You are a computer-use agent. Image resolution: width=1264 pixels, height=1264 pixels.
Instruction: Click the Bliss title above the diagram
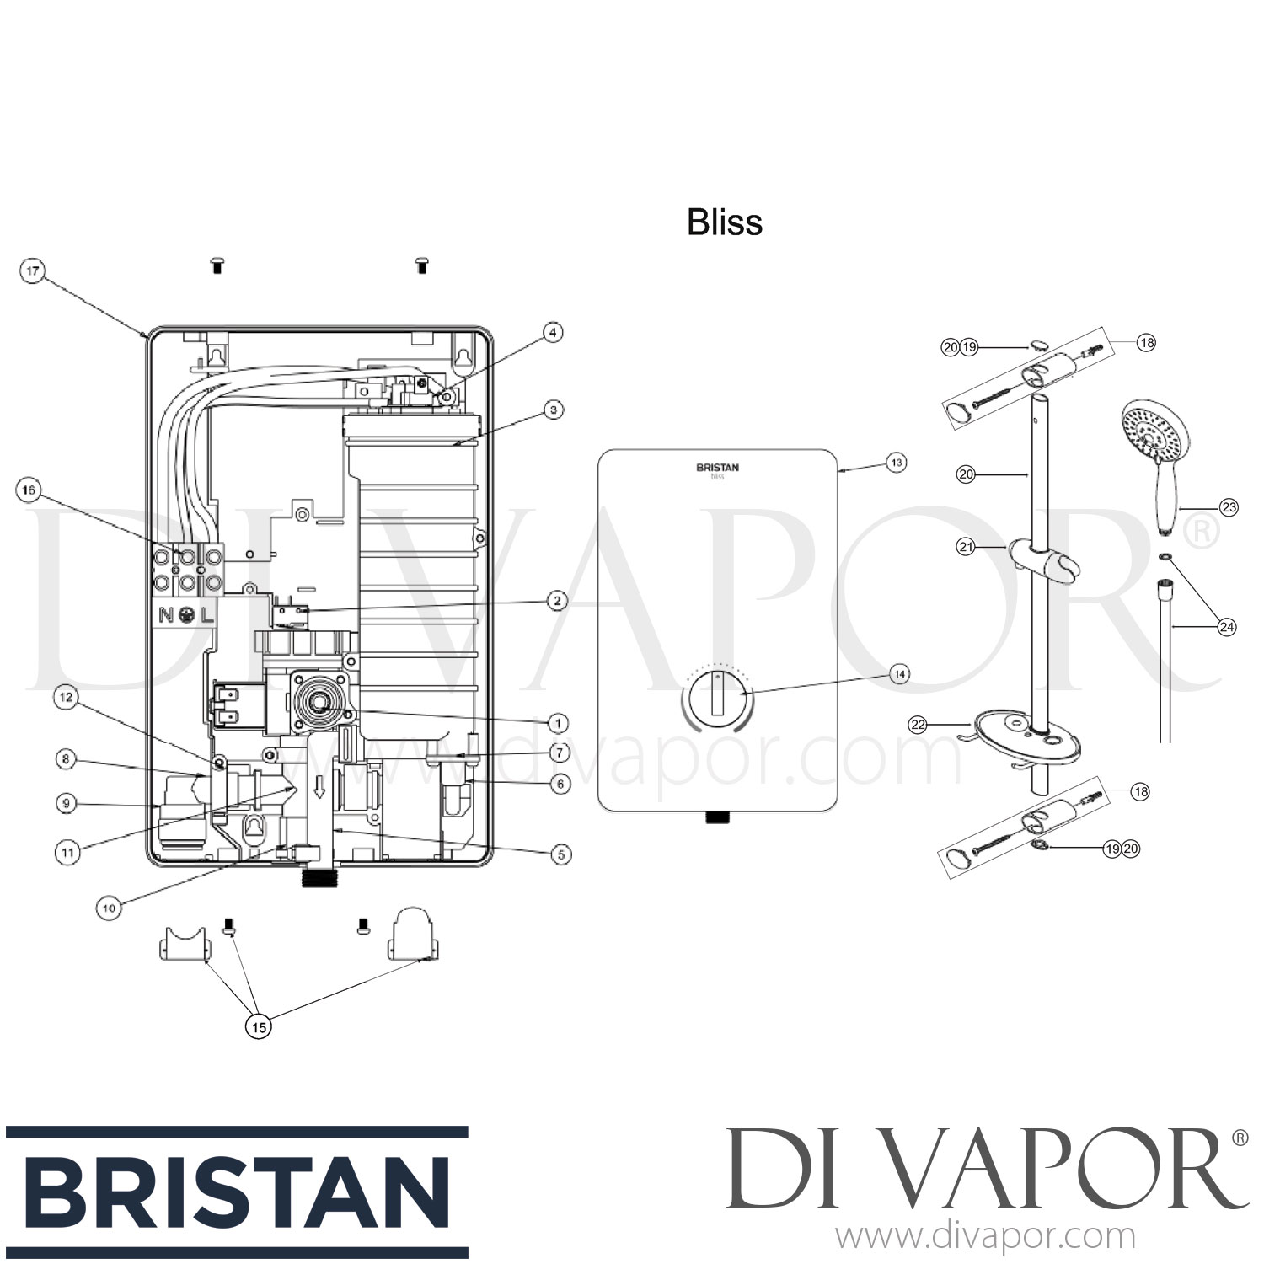(x=725, y=222)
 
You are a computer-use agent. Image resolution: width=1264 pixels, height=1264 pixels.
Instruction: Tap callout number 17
(x=32, y=271)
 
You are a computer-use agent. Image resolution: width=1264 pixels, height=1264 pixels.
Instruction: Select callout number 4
(x=552, y=333)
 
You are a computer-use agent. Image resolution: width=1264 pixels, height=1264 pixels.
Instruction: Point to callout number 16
(x=29, y=490)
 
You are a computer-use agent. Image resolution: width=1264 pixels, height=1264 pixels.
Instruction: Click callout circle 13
(x=897, y=462)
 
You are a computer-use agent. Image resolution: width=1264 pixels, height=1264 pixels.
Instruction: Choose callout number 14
(x=900, y=674)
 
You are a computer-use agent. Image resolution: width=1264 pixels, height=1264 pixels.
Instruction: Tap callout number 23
(x=1229, y=506)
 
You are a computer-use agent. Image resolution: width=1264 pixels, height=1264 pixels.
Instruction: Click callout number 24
(x=1227, y=626)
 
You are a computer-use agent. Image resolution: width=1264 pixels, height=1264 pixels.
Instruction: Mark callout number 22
(x=919, y=724)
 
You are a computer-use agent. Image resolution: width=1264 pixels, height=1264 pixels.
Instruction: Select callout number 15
(x=259, y=1026)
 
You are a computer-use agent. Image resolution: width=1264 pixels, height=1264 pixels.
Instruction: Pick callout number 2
(x=556, y=601)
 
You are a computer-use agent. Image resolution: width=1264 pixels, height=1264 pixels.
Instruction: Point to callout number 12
(x=67, y=697)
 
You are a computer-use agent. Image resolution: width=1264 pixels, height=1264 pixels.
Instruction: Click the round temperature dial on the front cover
(x=715, y=699)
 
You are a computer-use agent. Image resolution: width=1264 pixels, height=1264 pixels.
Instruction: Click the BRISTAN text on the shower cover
(x=717, y=467)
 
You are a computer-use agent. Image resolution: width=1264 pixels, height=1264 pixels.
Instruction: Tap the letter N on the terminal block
(x=167, y=615)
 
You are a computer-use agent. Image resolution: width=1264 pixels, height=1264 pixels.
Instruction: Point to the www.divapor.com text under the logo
(x=984, y=1237)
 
